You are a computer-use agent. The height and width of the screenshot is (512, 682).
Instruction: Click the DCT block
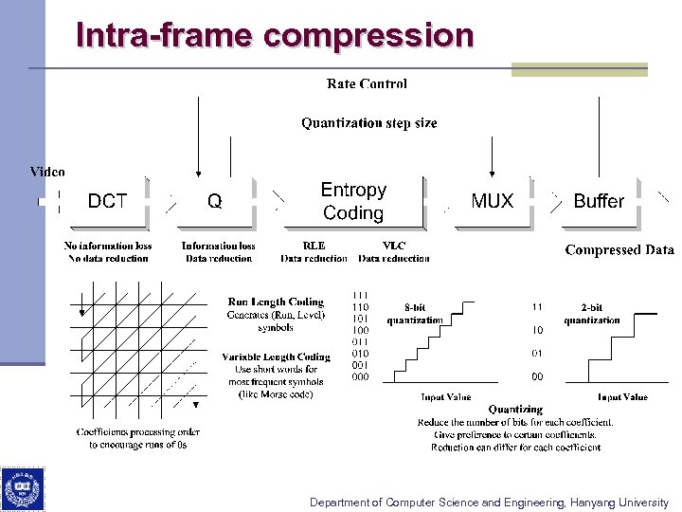point(107,201)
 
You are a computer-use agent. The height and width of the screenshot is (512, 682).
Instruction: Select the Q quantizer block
point(215,201)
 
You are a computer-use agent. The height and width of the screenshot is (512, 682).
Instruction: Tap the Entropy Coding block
point(353,202)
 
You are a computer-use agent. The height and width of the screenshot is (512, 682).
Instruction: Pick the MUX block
point(492,201)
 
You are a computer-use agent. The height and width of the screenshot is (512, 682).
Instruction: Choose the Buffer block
point(599,201)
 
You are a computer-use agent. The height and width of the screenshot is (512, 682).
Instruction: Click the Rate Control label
point(367,84)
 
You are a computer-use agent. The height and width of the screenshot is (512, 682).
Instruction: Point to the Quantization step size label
point(369,123)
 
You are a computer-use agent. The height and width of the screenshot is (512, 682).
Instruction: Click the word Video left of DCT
point(47,172)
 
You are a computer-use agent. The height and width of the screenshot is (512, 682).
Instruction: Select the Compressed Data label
point(619,250)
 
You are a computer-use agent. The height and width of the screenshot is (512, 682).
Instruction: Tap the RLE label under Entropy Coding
point(314,246)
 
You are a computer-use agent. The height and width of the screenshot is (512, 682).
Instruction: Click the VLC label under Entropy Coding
point(394,246)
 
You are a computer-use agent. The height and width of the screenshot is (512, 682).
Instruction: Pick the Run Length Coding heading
point(276,302)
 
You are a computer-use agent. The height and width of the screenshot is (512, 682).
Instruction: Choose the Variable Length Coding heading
point(276,357)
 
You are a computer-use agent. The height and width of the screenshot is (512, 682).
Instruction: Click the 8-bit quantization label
point(414,307)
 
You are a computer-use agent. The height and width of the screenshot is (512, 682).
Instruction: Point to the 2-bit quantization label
point(591,307)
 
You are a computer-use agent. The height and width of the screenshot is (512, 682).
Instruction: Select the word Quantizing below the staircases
point(515,410)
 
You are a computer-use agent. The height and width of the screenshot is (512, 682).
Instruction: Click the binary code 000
point(360,376)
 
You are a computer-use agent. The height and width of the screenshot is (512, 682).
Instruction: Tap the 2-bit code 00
point(537,376)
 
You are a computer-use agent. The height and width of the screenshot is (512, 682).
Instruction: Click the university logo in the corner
point(21,489)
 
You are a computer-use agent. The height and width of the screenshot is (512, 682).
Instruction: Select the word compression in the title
point(369,35)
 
